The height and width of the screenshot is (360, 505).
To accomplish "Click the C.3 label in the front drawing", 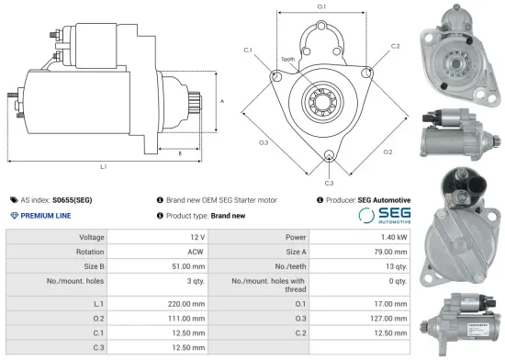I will coord(328,168).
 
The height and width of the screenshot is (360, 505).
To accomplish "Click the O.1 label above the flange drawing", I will coord(322,7).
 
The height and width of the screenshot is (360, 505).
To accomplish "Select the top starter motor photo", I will coord(456,52).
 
